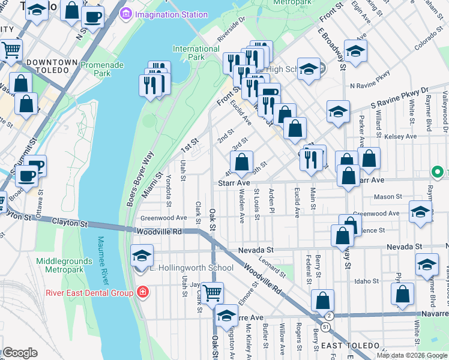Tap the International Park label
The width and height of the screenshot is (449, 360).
click(x=196, y=53)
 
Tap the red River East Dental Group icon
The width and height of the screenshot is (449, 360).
click(x=142, y=293)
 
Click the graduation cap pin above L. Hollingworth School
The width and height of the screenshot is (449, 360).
click(x=142, y=256)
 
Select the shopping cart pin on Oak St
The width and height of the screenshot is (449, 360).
click(x=212, y=293)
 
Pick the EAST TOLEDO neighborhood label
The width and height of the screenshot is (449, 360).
click(x=350, y=346)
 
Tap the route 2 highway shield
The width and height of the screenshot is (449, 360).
click(x=328, y=316)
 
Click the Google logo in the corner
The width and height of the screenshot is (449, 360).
click(x=20, y=353)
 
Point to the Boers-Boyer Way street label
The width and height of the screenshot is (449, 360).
click(x=140, y=179)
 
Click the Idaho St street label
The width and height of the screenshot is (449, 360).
click(x=367, y=280)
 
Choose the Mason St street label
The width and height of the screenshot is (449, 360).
click(x=387, y=197)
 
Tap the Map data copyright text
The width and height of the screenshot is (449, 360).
click(x=412, y=355)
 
